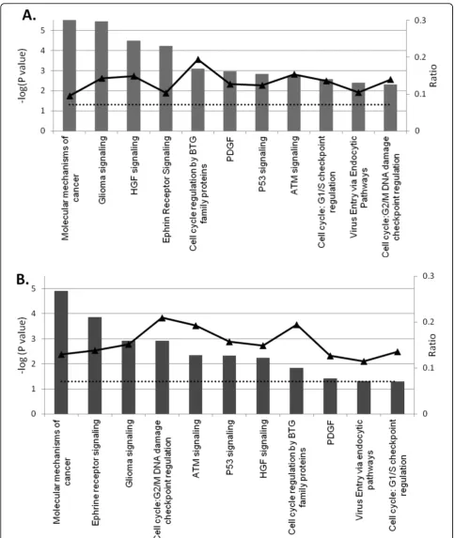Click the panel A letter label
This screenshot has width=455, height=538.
tap(29, 15)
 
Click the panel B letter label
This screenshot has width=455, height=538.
tap(23, 280)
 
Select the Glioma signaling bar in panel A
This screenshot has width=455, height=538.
tap(102, 76)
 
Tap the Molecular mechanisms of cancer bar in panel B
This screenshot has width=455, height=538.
tap(61, 352)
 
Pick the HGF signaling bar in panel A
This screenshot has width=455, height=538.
tap(133, 85)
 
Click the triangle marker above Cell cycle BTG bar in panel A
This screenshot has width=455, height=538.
tap(198, 60)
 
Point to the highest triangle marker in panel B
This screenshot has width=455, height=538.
tap(163, 318)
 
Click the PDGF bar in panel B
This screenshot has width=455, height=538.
tap(330, 396)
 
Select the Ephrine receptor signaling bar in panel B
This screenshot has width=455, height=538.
tap(95, 365)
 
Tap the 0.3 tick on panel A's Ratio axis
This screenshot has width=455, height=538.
tap(420, 21)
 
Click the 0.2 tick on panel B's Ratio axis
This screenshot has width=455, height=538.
tap(429, 322)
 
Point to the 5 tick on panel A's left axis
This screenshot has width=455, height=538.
tap(42, 31)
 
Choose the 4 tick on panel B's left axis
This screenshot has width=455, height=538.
tap(33, 314)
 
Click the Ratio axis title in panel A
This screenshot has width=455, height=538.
tap(433, 75)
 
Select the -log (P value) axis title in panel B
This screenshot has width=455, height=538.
tap(22, 346)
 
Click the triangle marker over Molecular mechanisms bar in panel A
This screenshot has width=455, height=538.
tap(70, 96)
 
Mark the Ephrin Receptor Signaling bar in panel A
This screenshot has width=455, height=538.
tap(166, 88)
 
